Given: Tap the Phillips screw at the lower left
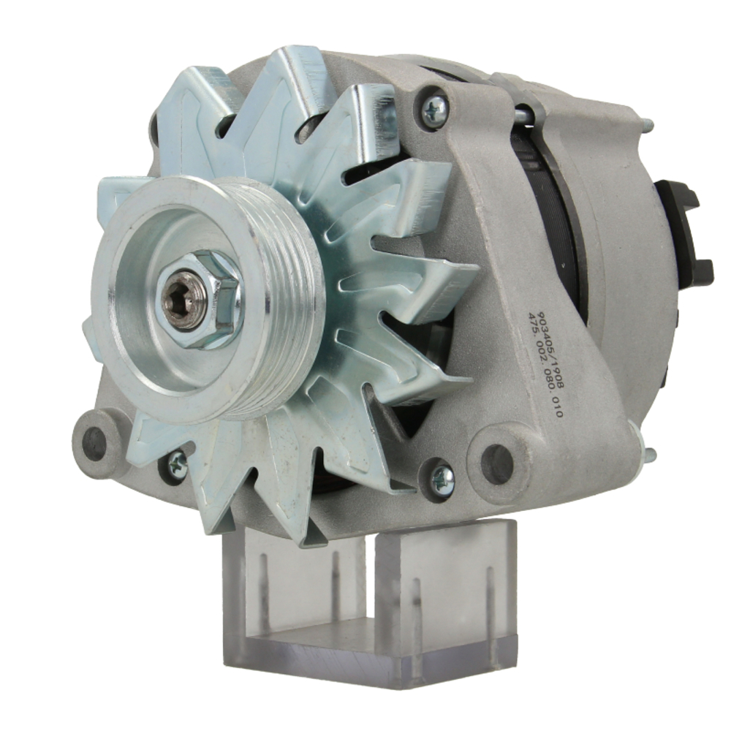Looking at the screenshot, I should tap(176, 466).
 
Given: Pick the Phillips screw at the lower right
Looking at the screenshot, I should tap(442, 479).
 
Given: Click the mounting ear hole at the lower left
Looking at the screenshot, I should tap(94, 441).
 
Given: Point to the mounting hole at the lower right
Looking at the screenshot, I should tap(498, 464).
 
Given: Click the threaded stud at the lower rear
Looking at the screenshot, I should tap(648, 455).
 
